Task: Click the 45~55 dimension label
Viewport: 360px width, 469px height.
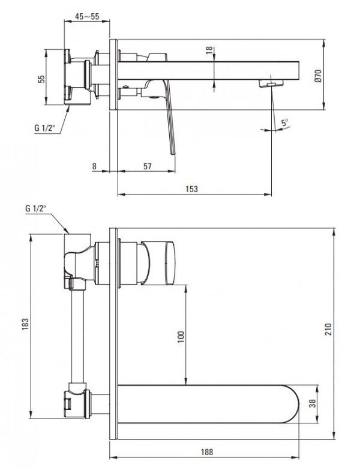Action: [x=87, y=16]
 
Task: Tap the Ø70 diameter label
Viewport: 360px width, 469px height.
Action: [x=318, y=76]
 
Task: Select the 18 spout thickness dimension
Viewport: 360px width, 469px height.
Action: [x=209, y=50]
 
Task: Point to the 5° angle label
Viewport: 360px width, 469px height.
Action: [x=284, y=123]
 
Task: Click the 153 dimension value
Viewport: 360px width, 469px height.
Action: [x=191, y=189]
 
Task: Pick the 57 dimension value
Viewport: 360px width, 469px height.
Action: [x=148, y=166]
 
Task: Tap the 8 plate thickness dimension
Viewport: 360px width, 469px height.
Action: [x=94, y=166]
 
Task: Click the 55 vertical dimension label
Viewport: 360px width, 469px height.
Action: [x=41, y=79]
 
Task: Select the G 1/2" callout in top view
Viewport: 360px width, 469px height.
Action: [x=45, y=129]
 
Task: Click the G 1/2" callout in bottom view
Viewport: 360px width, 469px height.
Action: [x=36, y=208]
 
